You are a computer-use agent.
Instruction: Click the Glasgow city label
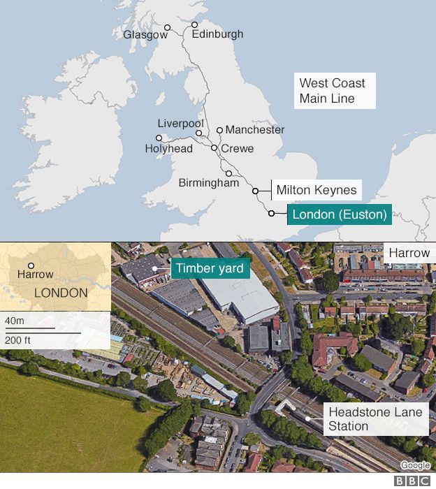(145, 34)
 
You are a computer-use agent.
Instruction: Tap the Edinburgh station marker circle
(195, 25)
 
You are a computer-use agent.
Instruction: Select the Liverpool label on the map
(180, 124)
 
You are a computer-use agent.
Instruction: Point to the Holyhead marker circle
(159, 138)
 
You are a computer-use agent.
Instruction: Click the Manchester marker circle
(219, 130)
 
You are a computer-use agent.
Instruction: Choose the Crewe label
(238, 149)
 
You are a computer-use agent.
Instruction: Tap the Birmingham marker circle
(228, 173)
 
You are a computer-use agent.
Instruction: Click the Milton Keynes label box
(317, 190)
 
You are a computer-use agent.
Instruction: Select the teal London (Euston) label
(339, 214)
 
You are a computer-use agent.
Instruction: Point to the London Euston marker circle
(271, 214)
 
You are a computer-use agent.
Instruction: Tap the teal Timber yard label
(210, 268)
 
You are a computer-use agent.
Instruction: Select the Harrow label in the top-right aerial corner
(409, 253)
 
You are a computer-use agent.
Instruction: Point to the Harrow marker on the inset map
(31, 265)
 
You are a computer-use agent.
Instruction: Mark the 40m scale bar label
(14, 321)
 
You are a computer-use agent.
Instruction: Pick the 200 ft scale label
(16, 340)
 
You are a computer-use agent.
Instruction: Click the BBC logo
(412, 481)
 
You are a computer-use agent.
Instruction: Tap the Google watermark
(415, 465)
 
